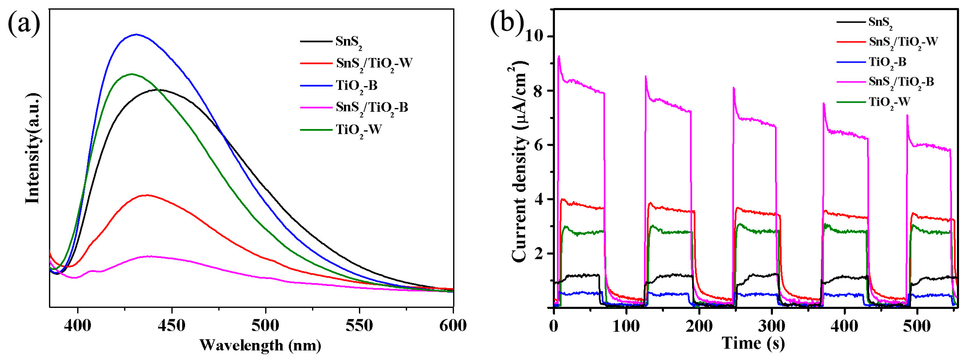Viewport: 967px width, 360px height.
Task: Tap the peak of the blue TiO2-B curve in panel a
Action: tap(136, 35)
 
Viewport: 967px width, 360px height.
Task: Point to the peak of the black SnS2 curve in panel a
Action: tap(160, 89)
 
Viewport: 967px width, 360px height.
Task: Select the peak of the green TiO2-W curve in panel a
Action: tap(131, 74)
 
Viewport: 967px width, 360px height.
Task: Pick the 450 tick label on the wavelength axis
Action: tap(172, 325)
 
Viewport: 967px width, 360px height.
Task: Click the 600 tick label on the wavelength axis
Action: tap(453, 325)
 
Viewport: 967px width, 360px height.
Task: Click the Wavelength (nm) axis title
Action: tap(260, 345)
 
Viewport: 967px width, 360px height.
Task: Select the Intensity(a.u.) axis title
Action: tap(33, 150)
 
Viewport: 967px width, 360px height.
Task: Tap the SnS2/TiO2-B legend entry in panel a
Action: tap(372, 108)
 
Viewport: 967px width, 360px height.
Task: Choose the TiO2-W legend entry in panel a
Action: tap(359, 130)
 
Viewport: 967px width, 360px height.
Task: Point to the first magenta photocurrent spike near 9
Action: tap(559, 56)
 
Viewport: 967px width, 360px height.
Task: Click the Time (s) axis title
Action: tap(753, 343)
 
